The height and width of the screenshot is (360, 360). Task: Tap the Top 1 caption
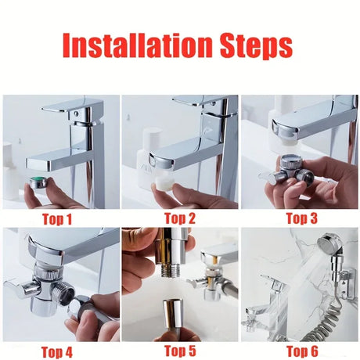pyautogui.click(x=56, y=219)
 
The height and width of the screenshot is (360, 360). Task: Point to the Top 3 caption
pyautogui.click(x=301, y=218)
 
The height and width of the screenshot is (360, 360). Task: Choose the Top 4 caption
pyautogui.click(x=56, y=351)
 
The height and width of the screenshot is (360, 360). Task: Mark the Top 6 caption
pyautogui.click(x=301, y=351)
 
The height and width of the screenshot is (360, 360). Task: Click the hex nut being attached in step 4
pyautogui.click(x=80, y=308)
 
